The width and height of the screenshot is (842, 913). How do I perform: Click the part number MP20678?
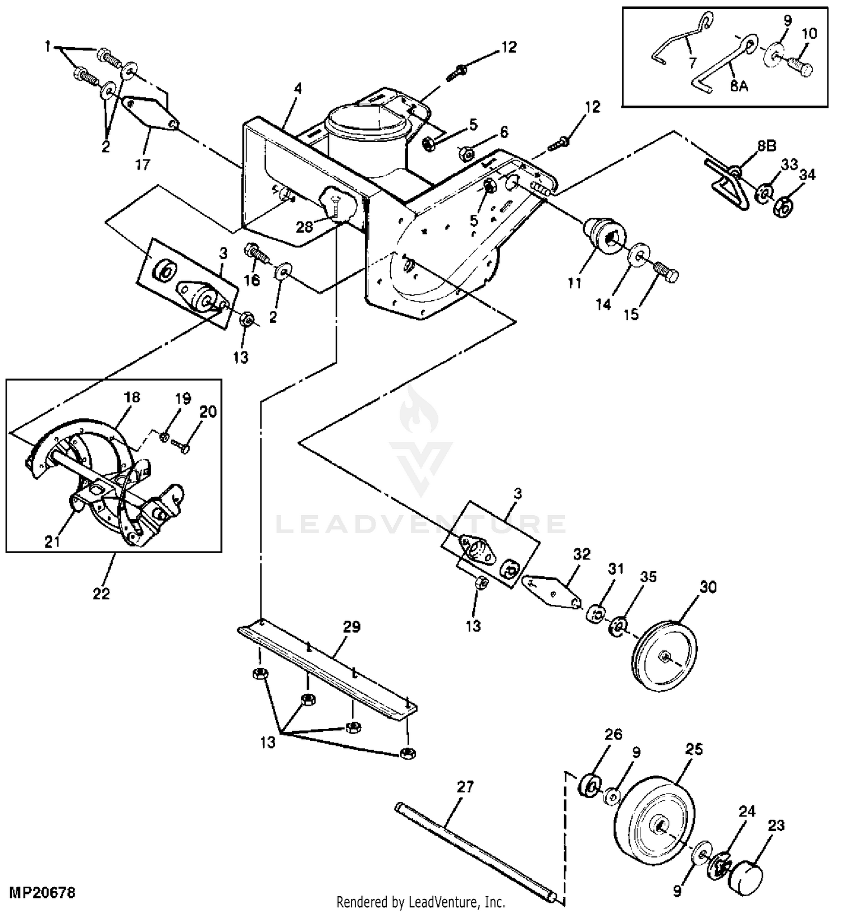(x=42, y=892)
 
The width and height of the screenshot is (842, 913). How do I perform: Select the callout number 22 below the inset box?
(x=101, y=593)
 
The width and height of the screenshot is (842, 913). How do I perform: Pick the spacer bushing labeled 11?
(x=604, y=233)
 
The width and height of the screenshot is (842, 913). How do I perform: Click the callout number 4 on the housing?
(x=298, y=88)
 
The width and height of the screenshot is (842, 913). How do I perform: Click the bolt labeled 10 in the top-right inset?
(x=800, y=70)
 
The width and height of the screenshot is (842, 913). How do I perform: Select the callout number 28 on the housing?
(x=304, y=227)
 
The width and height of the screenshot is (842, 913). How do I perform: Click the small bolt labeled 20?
(x=181, y=446)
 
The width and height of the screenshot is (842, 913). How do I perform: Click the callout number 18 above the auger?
(x=132, y=397)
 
